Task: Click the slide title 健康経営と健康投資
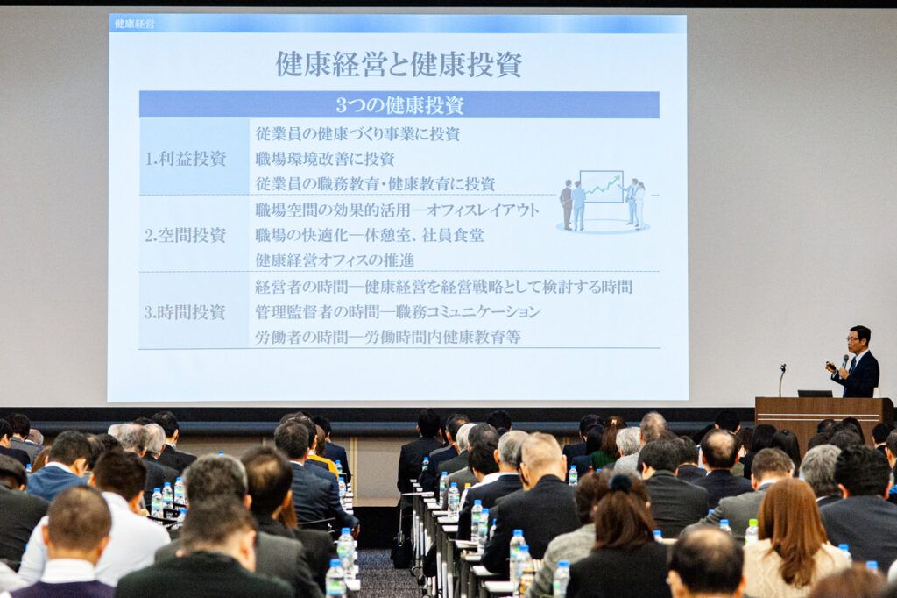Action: tap(399, 64)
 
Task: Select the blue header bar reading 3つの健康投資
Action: tap(399, 105)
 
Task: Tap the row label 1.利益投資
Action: tap(186, 159)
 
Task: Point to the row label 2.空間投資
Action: tap(186, 235)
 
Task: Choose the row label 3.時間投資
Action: tap(185, 312)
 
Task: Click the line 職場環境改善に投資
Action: tap(325, 159)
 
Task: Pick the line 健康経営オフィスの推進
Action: tap(335, 260)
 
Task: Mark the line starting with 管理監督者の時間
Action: tap(398, 311)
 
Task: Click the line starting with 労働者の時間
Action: tap(388, 337)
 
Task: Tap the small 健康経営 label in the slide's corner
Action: tap(134, 24)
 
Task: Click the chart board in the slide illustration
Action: tap(601, 187)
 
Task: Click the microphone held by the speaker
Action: tap(844, 363)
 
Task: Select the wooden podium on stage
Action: tap(823, 421)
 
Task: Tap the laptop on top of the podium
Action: tap(815, 394)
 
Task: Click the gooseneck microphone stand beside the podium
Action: tap(781, 379)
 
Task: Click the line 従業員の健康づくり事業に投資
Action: tap(357, 134)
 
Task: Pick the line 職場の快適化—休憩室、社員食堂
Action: tap(370, 235)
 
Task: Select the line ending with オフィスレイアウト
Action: tap(397, 210)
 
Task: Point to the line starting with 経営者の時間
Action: tap(443, 287)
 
